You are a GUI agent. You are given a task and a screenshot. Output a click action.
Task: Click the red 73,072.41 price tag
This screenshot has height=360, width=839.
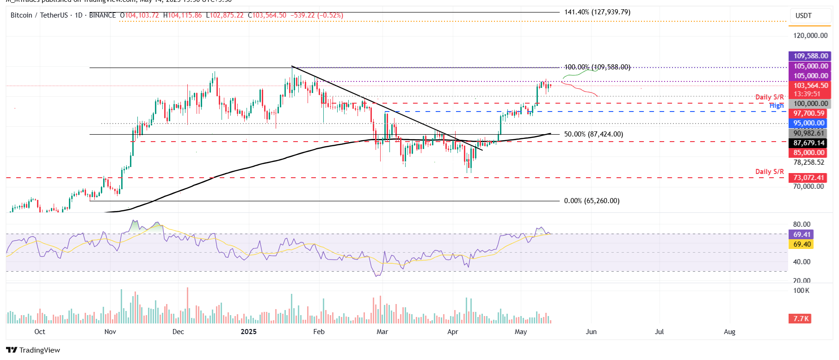click(809, 178)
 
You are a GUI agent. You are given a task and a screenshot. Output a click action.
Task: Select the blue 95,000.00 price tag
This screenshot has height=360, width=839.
click(809, 123)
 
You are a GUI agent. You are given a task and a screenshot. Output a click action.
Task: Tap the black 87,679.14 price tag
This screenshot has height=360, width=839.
click(809, 143)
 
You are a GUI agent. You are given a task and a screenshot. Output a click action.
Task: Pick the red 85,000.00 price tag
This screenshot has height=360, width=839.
click(809, 153)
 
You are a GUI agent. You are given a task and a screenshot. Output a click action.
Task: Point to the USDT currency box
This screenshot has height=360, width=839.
click(803, 16)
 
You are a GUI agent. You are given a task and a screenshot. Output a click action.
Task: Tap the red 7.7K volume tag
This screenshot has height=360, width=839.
click(801, 319)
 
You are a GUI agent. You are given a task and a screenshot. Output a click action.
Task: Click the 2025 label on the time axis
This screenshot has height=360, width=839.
click(249, 332)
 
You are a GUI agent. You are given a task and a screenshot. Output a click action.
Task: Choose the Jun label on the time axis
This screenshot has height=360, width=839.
click(591, 332)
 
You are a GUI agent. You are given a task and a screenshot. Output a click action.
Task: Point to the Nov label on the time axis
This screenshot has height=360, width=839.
click(110, 332)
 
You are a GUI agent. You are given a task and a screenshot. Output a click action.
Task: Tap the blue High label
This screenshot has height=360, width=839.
click(777, 106)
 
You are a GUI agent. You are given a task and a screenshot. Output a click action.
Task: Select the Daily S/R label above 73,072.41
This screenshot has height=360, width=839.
click(769, 172)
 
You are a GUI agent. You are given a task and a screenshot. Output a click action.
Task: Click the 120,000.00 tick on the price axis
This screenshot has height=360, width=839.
click(810, 36)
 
